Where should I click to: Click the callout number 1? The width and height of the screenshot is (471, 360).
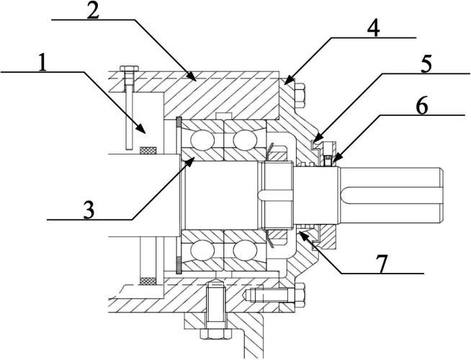(x=43, y=62)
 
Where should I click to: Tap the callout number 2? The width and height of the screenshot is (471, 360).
(x=94, y=10)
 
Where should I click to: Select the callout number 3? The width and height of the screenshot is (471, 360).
(x=89, y=210)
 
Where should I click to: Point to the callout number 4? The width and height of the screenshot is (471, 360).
(x=373, y=29)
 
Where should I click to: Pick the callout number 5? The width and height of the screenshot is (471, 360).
(x=426, y=64)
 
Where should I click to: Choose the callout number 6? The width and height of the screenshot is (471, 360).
(x=422, y=106)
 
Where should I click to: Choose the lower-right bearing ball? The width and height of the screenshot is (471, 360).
(x=245, y=250)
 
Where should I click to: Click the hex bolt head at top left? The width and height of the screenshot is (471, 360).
(x=129, y=68)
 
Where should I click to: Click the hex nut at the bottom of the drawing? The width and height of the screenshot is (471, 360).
(x=215, y=333)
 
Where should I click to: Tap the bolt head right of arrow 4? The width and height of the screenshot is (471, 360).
(x=300, y=96)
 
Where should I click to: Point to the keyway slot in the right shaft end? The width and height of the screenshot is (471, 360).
(x=393, y=195)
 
